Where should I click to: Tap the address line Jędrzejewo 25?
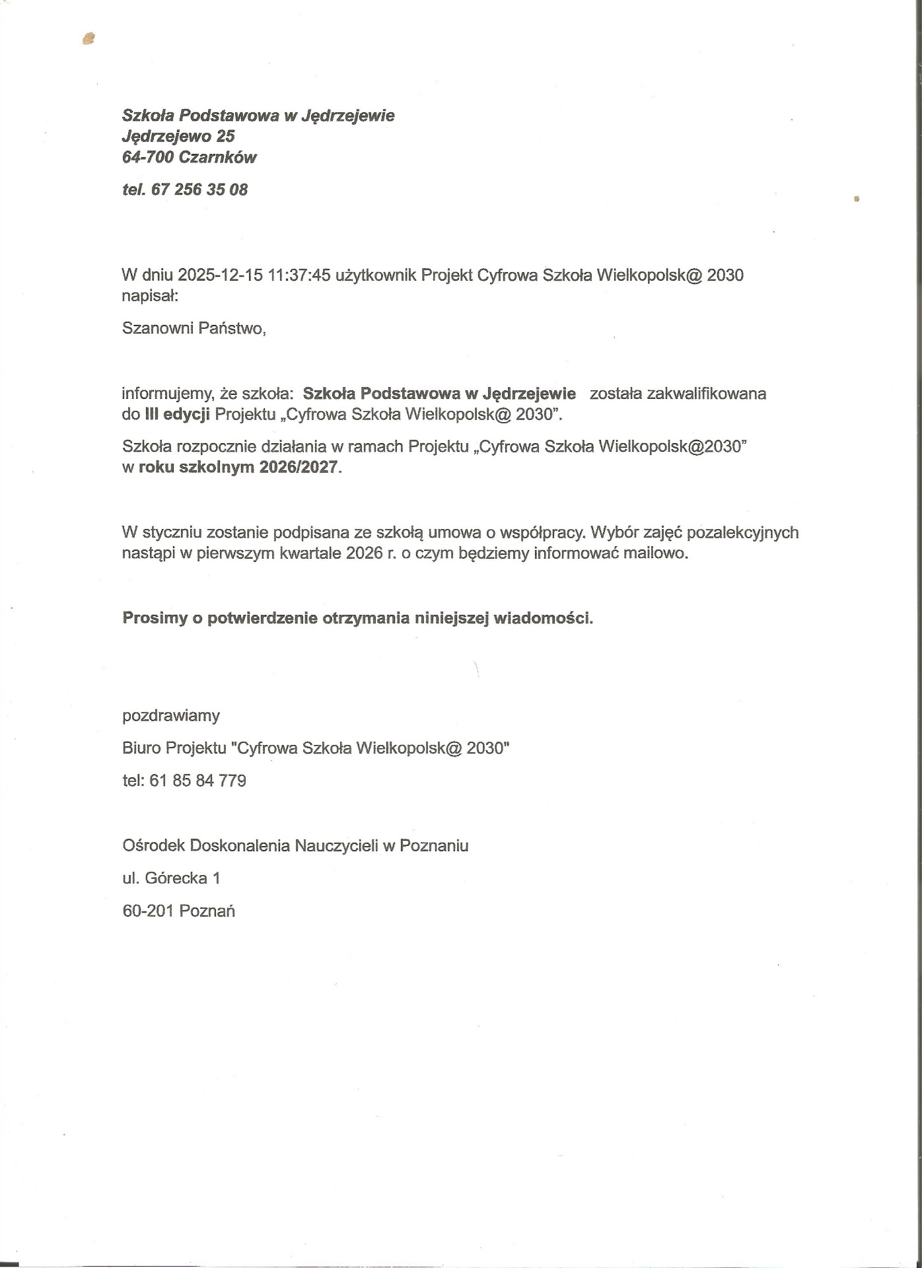[178, 136]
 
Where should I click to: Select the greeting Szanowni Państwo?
[194, 328]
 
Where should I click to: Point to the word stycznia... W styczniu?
[171, 532]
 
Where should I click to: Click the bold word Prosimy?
[155, 619]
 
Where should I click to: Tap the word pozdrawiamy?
[171, 715]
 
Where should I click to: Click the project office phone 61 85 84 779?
[198, 781]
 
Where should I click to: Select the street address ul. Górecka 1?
[171, 878]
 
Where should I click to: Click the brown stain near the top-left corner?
[89, 39]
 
